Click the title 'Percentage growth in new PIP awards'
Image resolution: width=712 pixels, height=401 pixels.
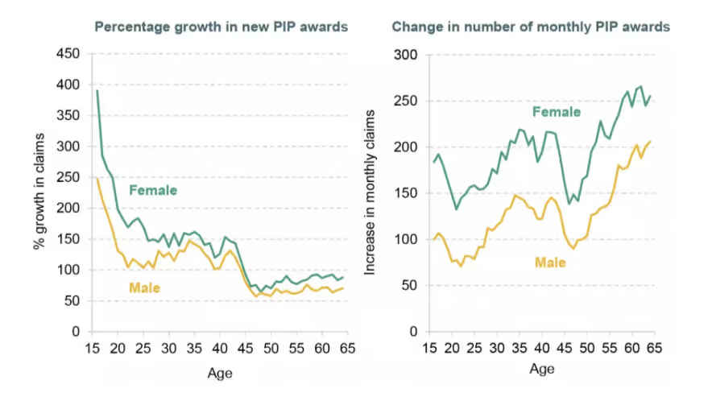click(221, 27)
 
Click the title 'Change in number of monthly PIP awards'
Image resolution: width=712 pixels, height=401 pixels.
click(531, 27)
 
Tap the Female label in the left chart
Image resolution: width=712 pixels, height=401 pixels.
click(153, 190)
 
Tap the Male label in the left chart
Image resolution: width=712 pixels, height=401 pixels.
click(145, 287)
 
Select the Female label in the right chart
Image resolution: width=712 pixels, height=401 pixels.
click(556, 112)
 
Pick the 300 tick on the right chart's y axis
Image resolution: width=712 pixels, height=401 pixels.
click(408, 55)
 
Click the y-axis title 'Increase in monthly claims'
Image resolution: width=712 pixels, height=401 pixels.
click(371, 193)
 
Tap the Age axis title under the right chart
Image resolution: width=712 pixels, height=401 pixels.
click(542, 369)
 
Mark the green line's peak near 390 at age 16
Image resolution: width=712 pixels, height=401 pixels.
click(98, 91)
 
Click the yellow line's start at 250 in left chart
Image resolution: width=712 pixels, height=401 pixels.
click(97, 178)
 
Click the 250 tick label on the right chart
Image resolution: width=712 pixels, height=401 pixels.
click(408, 101)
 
